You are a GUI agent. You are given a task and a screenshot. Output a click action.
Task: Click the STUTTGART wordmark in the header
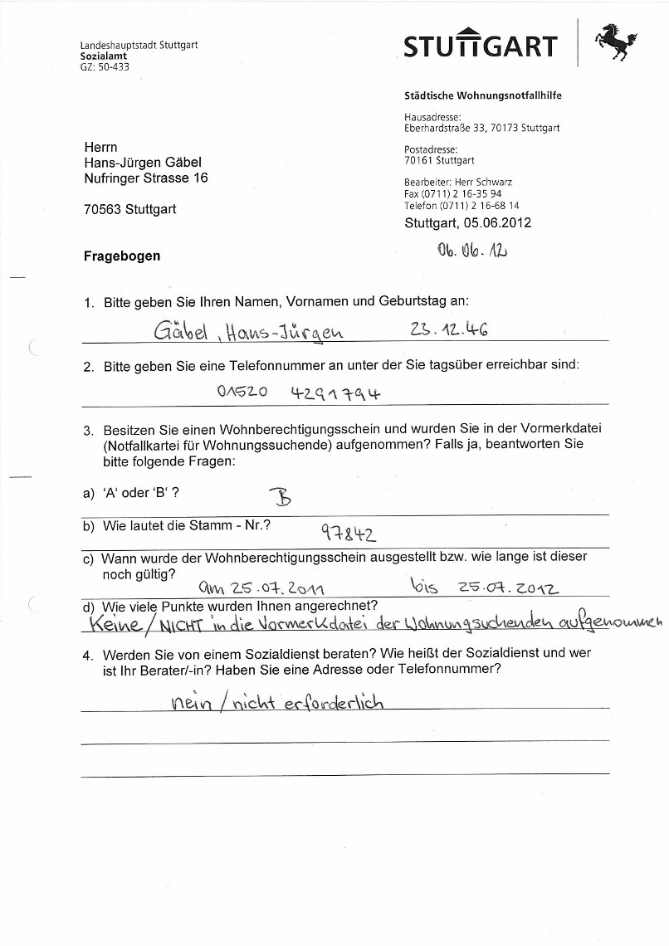[x=480, y=45]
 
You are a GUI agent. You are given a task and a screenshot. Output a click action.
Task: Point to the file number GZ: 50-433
[x=105, y=67]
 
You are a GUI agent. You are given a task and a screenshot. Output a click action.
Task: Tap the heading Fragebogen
[x=122, y=256]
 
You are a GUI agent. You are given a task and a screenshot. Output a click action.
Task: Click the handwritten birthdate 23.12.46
[x=448, y=330]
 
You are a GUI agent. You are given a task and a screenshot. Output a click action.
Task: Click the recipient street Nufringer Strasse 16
[x=145, y=178]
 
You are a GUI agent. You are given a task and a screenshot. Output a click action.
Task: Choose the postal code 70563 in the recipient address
[x=104, y=210]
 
